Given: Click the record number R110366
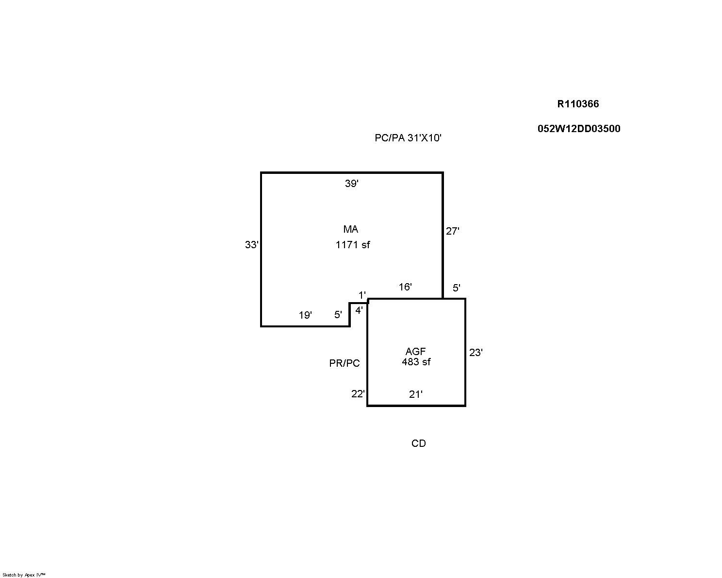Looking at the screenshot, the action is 578,104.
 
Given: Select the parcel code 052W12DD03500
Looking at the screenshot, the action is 579,129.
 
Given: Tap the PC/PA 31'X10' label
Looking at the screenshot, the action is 408,138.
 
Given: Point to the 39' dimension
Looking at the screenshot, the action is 352,184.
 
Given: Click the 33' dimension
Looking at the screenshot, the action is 252,245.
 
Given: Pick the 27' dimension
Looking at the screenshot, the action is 452,231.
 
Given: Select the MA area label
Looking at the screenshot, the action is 351,229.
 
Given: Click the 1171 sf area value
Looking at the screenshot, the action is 353,245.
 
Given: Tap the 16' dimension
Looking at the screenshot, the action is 405,287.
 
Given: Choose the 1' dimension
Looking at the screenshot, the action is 362,295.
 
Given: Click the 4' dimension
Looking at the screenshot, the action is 359,310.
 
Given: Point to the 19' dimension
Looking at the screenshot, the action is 305,315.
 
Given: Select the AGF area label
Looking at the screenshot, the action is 415,351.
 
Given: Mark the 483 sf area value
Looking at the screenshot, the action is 416,362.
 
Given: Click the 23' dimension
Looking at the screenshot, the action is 476,353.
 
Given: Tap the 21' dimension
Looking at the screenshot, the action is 416,394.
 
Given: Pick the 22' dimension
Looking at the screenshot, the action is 358,394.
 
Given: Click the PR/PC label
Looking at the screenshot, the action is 344,363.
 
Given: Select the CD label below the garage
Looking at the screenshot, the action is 418,443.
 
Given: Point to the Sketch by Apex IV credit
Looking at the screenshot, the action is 24,575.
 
